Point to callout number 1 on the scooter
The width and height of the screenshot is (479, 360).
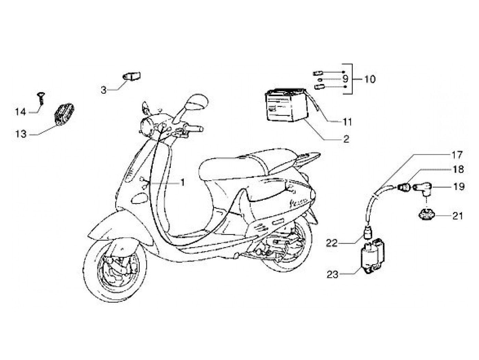[x=182, y=183]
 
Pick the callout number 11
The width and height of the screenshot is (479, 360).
[x=347, y=121]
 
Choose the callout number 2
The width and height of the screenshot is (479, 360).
[x=346, y=139]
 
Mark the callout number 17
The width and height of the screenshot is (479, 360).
[x=458, y=154]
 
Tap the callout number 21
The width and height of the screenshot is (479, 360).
[x=458, y=216]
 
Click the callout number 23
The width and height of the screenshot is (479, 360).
[x=332, y=274]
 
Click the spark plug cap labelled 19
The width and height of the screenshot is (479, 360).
[x=422, y=189]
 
